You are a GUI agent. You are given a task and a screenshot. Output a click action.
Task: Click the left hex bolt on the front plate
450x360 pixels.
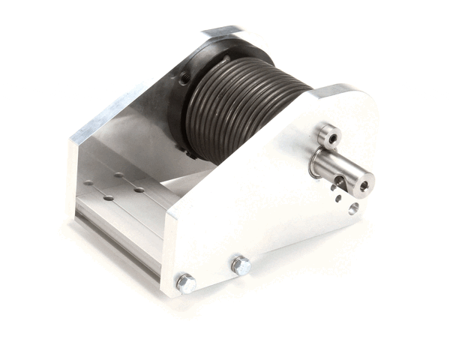[x=185, y=283]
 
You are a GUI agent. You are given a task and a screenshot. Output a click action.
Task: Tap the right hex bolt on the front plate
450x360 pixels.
[x=241, y=265]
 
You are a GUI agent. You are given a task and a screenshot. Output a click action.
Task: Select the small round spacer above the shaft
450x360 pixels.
[x=328, y=136]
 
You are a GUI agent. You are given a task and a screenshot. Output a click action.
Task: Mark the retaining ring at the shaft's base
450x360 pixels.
[x=314, y=163]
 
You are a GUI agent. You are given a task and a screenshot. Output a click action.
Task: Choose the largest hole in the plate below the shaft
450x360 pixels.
[x=353, y=208]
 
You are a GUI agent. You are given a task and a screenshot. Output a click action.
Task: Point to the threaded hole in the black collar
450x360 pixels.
[x=182, y=78]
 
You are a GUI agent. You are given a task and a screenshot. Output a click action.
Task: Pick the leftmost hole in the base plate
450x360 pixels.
[x=88, y=181]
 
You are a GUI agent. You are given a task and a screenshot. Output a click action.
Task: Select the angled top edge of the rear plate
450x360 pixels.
[x=112, y=112]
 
